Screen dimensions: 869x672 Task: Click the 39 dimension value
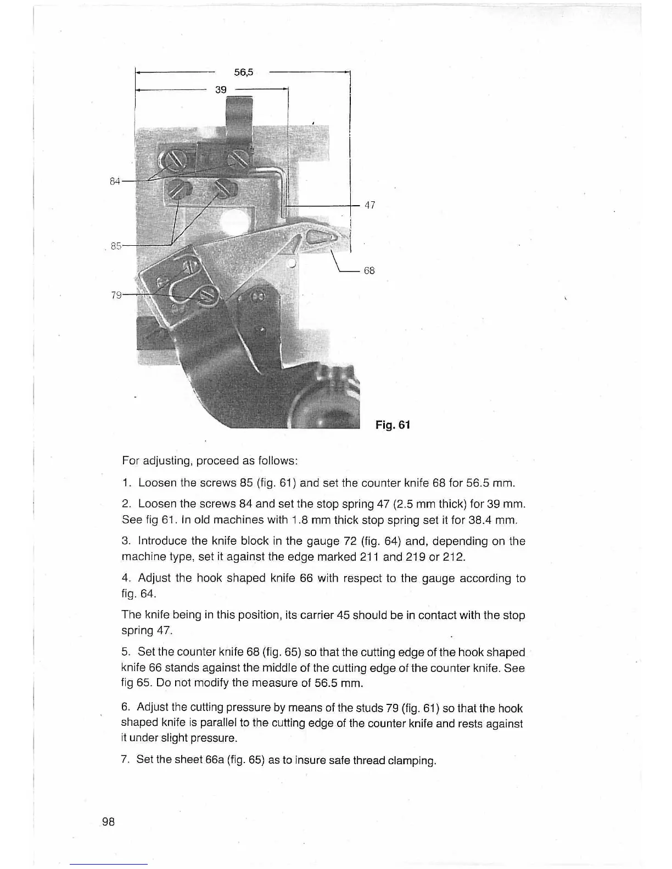pyautogui.click(x=221, y=89)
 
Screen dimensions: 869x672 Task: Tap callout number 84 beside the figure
pyautogui.click(x=114, y=181)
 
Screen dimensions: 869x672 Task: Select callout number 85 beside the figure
pyautogui.click(x=116, y=246)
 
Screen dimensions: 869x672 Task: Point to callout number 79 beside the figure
pyautogui.click(x=116, y=295)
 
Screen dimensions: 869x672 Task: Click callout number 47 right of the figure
pyautogui.click(x=369, y=205)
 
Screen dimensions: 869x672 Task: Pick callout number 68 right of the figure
pyautogui.click(x=369, y=270)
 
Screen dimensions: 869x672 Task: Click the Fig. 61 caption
pyautogui.click(x=393, y=425)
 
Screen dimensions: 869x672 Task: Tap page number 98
pyautogui.click(x=108, y=821)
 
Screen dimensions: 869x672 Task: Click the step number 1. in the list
pyautogui.click(x=126, y=483)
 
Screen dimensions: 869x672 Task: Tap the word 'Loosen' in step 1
pyautogui.click(x=156, y=483)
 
